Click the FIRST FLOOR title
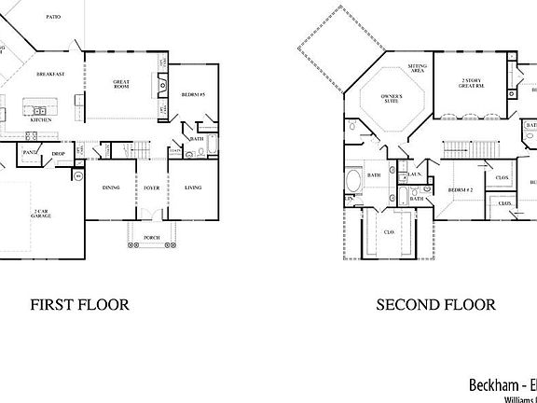79,304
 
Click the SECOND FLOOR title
435,304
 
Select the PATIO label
54,17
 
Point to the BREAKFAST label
50,74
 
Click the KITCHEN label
40,120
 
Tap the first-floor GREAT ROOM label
121,85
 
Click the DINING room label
111,188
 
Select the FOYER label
150,188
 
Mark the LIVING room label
193,188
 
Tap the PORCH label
151,238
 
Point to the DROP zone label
58,153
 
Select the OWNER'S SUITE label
390,101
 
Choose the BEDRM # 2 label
461,190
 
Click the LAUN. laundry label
415,174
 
